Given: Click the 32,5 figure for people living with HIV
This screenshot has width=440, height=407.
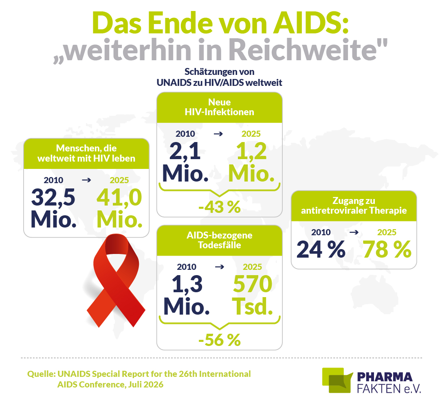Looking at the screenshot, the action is (x=53, y=197).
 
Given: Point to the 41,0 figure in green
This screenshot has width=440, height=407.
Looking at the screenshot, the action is (x=119, y=197).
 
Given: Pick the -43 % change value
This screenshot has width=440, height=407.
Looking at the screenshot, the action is (x=220, y=207).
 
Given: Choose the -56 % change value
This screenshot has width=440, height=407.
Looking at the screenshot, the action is (x=220, y=340).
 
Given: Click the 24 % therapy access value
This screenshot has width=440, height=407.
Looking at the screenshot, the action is (x=321, y=249).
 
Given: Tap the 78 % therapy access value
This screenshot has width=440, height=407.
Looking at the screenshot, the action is (x=387, y=249).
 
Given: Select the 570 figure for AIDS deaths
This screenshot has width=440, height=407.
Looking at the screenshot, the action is (x=253, y=284).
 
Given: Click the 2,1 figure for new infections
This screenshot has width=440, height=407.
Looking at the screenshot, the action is (x=185, y=151).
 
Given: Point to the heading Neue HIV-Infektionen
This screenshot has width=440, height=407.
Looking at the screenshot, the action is (x=220, y=107).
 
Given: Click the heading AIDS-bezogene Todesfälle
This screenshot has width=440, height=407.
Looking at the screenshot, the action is (x=220, y=240).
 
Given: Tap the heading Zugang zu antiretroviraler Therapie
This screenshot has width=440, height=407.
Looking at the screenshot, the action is (x=354, y=206).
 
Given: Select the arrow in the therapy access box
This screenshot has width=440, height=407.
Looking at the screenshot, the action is (x=354, y=232).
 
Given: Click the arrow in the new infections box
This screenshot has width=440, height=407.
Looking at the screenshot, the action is (x=218, y=134).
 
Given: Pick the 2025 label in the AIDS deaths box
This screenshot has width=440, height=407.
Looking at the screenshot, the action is (x=252, y=267).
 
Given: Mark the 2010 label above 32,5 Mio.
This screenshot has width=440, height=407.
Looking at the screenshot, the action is (x=53, y=180).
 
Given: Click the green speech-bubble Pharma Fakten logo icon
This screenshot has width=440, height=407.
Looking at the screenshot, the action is (x=337, y=380).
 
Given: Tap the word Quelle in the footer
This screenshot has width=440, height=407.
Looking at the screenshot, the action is (x=41, y=374).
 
